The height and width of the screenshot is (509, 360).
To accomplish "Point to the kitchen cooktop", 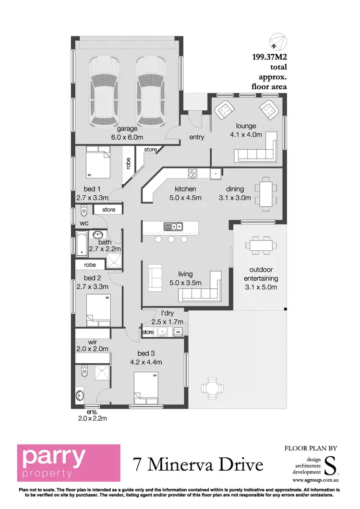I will click(x=193, y=173).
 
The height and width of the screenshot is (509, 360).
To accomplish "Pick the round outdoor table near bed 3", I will click(x=211, y=387).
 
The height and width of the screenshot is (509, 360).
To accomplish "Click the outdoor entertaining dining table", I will click(x=263, y=245).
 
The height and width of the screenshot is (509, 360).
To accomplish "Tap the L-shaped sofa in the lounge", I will click(x=258, y=149).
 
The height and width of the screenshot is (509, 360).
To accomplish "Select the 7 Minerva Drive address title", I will click(x=198, y=464).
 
